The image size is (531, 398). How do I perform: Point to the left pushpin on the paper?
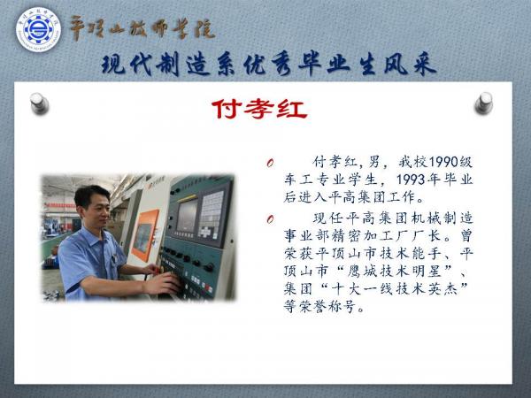(39, 103)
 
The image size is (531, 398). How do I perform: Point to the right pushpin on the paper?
(483, 103)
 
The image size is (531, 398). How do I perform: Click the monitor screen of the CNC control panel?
(187, 217)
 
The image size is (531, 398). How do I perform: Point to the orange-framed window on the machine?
(143, 234)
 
